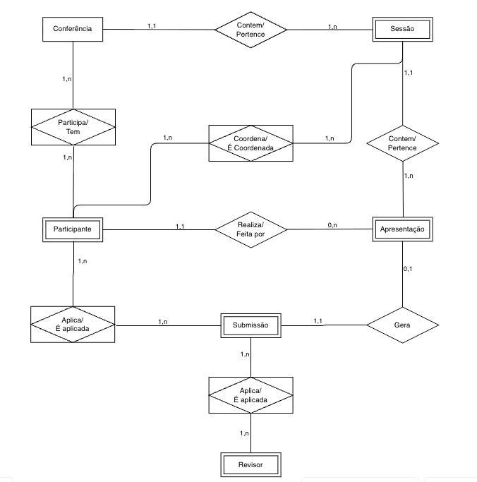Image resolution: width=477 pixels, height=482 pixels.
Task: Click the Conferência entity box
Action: tap(73, 29)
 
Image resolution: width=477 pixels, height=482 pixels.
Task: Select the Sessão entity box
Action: tap(401, 29)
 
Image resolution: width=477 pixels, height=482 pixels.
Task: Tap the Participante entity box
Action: tap(73, 229)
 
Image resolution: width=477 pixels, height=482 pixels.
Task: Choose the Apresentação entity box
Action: tap(401, 229)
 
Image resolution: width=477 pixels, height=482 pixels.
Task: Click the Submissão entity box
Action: tap(250, 325)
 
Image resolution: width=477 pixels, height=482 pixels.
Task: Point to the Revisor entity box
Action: tap(250, 465)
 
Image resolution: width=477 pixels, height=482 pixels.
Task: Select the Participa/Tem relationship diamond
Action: tap(73, 126)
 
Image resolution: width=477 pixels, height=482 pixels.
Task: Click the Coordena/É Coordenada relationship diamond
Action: tap(250, 143)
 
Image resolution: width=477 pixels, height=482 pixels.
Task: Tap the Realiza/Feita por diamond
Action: tap(250, 229)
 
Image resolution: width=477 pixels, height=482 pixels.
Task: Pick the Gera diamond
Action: tap(402, 325)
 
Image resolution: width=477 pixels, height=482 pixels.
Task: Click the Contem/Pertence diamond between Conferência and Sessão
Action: tap(250, 29)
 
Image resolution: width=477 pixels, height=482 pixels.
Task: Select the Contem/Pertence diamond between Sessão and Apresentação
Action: tap(402, 143)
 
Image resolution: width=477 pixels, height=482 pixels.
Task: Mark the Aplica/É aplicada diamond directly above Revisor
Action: tap(250, 395)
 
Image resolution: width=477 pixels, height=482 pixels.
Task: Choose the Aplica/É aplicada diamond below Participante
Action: tap(73, 325)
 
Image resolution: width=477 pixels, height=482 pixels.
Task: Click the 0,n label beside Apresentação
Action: tap(332, 224)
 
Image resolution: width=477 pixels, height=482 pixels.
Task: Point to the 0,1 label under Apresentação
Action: tap(407, 269)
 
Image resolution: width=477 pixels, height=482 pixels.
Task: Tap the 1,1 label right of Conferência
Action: tap(152, 26)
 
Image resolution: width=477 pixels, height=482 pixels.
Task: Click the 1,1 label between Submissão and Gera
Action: tap(318, 321)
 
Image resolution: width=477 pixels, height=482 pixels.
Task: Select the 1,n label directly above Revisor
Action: tap(244, 433)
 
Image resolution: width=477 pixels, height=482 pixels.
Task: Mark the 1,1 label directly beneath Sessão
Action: tap(408, 73)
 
